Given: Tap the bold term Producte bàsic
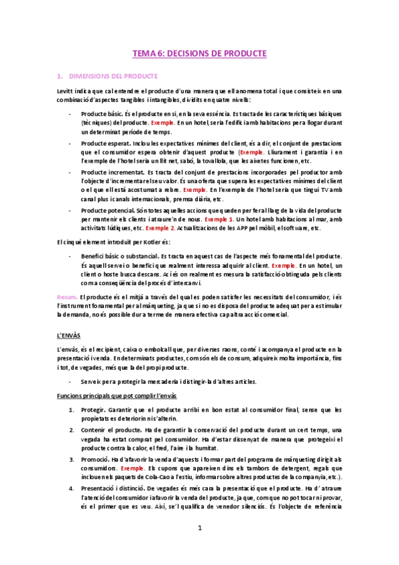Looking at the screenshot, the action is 101,115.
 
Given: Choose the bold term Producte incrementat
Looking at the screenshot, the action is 111,171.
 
